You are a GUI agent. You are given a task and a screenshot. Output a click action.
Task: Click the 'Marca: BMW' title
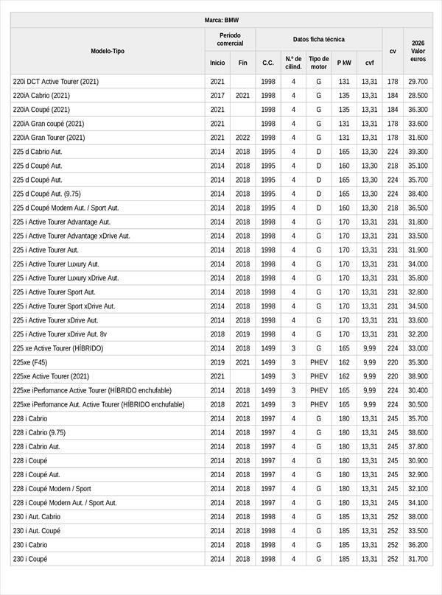pyautogui.click(x=221, y=20)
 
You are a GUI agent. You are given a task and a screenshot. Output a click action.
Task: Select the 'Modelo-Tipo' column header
pyautogui.click(x=108, y=51)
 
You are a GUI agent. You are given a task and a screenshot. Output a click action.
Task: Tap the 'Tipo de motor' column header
pyautogui.click(x=319, y=63)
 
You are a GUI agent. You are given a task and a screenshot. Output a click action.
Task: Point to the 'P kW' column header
pyautogui.click(x=344, y=63)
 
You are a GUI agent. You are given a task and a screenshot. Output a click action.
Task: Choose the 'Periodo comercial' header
pyautogui.click(x=230, y=39)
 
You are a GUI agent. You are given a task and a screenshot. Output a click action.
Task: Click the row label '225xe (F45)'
pyautogui.click(x=30, y=362)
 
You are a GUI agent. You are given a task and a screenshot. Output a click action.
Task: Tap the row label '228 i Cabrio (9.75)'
pyautogui.click(x=44, y=432)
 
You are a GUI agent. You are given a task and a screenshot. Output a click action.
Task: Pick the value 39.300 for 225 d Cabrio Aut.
pyautogui.click(x=418, y=151)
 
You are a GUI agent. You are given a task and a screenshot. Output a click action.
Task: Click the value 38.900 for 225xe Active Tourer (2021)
pyautogui.click(x=418, y=376)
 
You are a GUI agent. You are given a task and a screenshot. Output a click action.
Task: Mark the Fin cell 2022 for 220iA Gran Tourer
pyautogui.click(x=242, y=137)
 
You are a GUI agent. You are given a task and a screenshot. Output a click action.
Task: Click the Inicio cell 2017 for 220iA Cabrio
pyautogui.click(x=217, y=95)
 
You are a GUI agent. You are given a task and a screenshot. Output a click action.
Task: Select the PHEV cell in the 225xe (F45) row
pyautogui.click(x=319, y=362)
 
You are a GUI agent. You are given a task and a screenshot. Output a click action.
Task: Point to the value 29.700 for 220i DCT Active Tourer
pyautogui.click(x=418, y=81)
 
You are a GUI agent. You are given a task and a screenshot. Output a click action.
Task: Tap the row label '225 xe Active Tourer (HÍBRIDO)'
pyautogui.click(x=58, y=348)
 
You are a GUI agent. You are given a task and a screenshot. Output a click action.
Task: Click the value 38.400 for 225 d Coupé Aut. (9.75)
pyautogui.click(x=418, y=194)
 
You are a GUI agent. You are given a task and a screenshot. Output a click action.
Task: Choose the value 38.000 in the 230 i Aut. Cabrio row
pyautogui.click(x=418, y=517)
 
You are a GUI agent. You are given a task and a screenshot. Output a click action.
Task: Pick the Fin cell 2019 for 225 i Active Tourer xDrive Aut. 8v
pyautogui.click(x=242, y=334)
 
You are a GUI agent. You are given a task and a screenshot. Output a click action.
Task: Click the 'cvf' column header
pyautogui.click(x=369, y=63)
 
